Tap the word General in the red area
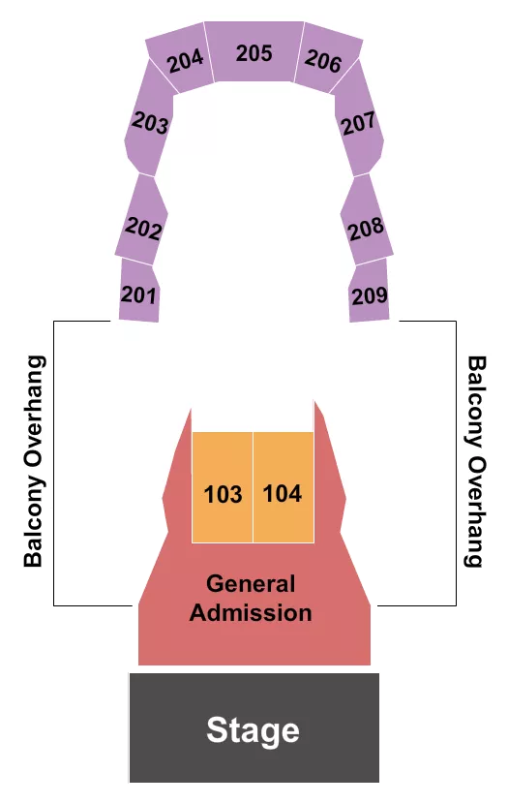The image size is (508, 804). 251,584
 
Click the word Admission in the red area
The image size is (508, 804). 251,612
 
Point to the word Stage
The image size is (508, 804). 253,730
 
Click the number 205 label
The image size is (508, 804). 254,53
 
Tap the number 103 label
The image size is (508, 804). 224,494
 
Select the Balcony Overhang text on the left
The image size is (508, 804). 35,431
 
